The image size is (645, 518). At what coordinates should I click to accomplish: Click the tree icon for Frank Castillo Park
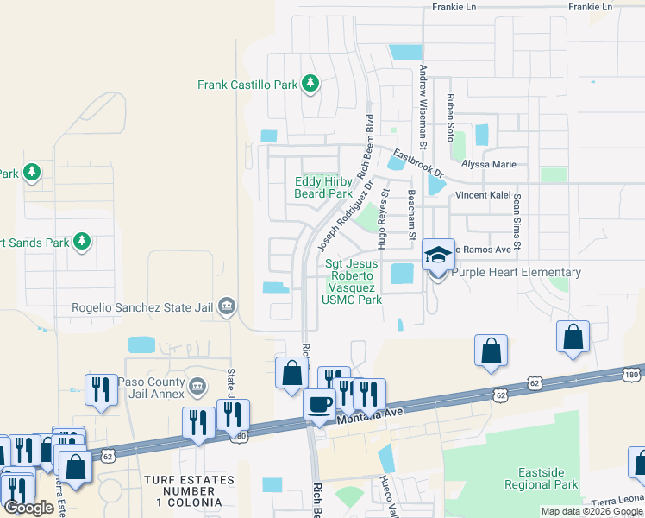(310, 85)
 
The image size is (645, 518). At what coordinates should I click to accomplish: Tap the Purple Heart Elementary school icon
(438, 256)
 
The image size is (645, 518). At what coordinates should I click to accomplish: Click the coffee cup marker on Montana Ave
(319, 405)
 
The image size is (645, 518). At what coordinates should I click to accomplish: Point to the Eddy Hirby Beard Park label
(322, 187)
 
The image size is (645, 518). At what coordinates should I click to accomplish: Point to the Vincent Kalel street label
(484, 195)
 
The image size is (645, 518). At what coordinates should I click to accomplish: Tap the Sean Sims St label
(517, 222)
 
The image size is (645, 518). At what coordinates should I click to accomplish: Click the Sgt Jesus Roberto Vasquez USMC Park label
(353, 282)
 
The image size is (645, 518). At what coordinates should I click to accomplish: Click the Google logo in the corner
(29, 508)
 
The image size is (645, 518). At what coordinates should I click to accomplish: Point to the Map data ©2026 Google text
(591, 511)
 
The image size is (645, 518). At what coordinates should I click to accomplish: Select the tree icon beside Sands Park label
(83, 241)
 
